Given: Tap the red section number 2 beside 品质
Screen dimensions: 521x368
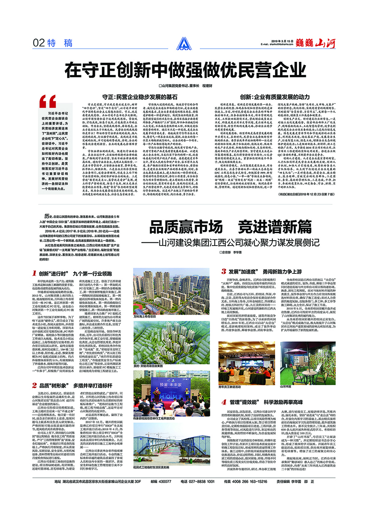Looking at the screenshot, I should (34, 385).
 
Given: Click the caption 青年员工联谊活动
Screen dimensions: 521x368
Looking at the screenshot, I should (229, 386).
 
